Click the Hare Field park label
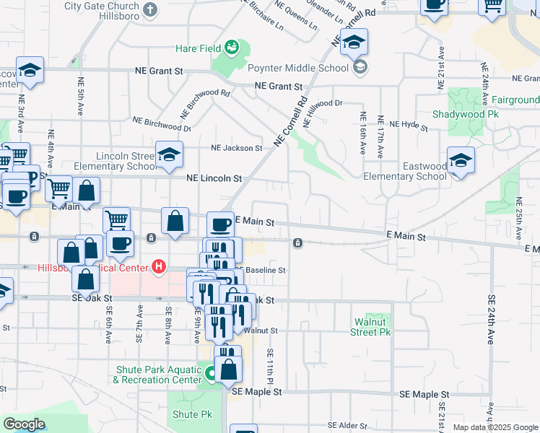tap(198, 49)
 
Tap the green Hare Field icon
tap(232, 48)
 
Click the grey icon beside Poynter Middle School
tap(359, 68)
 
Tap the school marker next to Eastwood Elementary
tap(460, 162)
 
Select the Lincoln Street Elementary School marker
tap(169, 156)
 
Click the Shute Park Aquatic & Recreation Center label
tap(158, 375)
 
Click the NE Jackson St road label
tap(236, 148)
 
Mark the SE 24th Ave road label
tap(491, 319)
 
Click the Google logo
tap(24, 424)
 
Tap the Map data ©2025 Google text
tap(495, 427)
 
